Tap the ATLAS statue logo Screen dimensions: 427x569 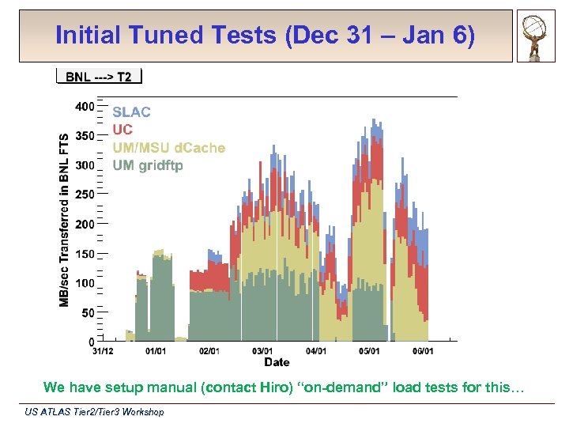click(537, 36)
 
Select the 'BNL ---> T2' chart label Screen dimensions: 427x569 click(99, 77)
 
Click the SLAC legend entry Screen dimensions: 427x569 click(131, 112)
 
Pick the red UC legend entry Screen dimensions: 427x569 click(122, 130)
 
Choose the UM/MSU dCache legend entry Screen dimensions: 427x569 click(168, 148)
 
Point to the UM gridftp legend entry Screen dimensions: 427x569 click(148, 165)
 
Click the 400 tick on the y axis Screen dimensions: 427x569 click(85, 106)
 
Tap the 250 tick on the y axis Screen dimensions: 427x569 click(85, 194)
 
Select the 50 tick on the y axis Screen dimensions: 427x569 click(87, 312)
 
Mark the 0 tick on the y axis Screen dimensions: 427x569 click(91, 342)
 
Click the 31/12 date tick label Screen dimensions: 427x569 click(103, 350)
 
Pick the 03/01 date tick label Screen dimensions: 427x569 click(262, 350)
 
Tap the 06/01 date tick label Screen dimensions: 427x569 click(422, 350)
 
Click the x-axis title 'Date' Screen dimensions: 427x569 click(277, 362)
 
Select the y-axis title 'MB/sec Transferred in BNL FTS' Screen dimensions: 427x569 click(64, 219)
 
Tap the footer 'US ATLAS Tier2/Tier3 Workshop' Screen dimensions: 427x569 click(94, 412)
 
